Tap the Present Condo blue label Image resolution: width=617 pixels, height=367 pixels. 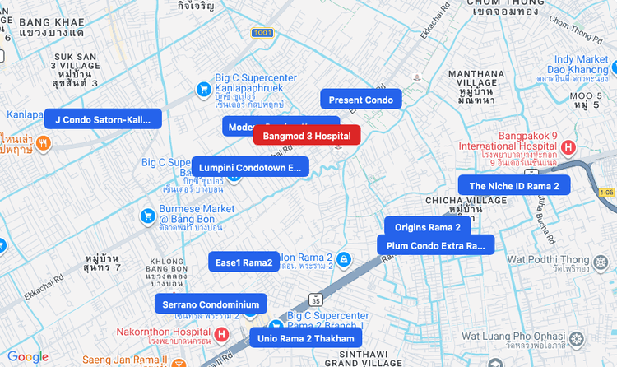361,100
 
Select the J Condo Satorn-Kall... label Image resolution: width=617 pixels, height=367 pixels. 103,119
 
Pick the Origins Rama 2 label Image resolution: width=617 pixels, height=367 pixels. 428,227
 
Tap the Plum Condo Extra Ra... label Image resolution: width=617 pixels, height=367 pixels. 435,245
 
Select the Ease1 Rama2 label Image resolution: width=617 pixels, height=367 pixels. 244,262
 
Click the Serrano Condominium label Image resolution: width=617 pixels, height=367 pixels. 211,304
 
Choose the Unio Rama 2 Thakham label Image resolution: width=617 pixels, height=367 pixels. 305,338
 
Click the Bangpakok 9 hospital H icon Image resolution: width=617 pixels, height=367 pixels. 568,146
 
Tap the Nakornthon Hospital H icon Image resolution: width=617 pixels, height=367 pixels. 220,334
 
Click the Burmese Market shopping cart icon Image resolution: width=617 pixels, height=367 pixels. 147,216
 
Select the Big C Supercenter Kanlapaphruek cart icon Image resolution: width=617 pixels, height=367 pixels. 202,89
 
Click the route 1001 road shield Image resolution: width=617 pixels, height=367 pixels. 263,33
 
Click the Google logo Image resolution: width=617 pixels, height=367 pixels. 28,357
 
